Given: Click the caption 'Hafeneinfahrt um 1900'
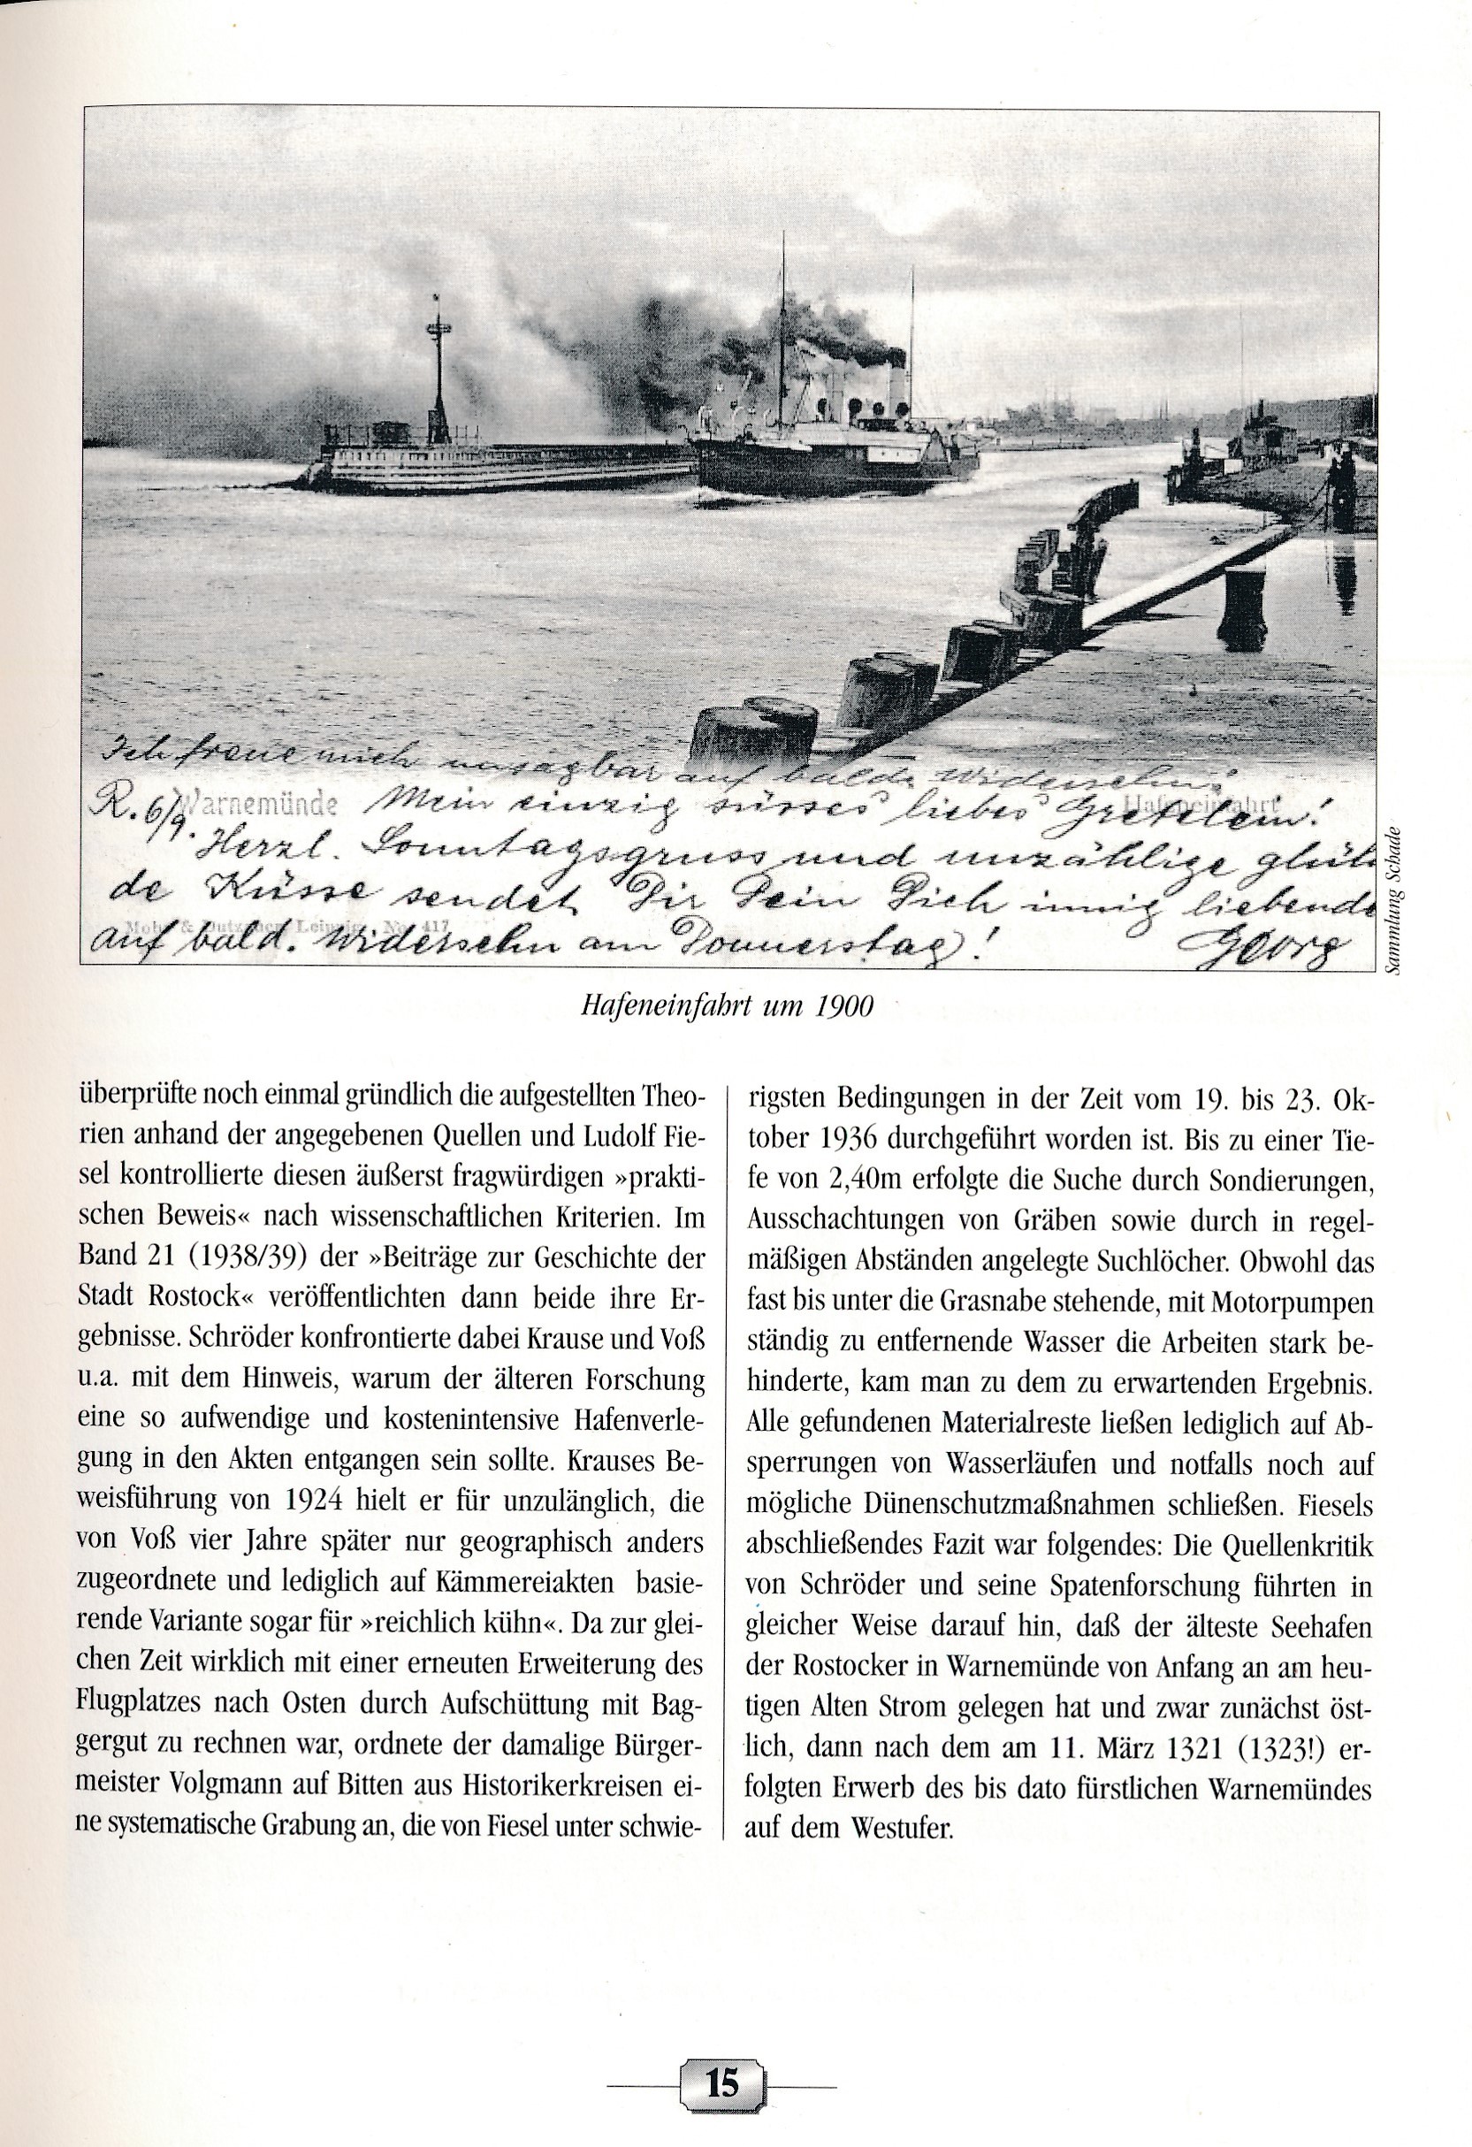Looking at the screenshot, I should click(727, 1006).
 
